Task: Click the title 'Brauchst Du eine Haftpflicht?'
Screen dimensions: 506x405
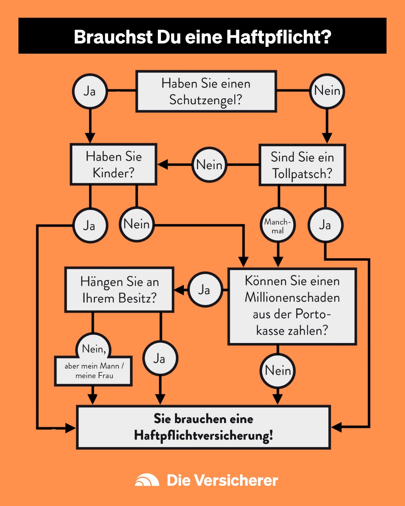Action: (202, 37)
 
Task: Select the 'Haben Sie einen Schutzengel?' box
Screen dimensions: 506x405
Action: (206, 91)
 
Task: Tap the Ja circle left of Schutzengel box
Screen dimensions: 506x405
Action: (90, 91)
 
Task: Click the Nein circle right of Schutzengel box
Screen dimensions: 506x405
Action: (327, 91)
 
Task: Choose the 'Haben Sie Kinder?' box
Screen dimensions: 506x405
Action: (114, 165)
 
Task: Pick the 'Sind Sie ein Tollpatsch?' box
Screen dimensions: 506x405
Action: (302, 165)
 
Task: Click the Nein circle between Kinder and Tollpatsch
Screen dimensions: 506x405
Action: (209, 165)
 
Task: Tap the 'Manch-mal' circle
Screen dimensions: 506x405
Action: (277, 226)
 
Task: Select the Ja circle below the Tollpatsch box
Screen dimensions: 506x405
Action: (325, 225)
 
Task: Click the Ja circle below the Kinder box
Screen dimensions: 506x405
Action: (90, 226)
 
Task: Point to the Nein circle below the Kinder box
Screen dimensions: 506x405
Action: (136, 225)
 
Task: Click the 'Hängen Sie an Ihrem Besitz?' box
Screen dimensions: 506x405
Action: (119, 290)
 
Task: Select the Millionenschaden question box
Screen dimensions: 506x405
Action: (292, 306)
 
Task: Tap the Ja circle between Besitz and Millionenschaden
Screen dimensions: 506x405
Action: (204, 290)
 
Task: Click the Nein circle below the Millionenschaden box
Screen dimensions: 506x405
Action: (277, 371)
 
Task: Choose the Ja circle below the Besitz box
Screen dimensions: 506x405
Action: (160, 359)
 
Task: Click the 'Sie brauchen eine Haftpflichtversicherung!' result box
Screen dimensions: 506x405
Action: (203, 427)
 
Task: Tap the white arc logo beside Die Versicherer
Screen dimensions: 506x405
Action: (147, 480)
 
